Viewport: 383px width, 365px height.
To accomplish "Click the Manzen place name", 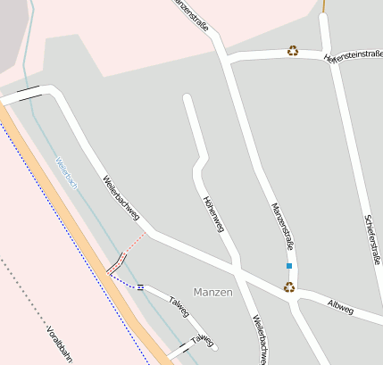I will (x=212, y=293).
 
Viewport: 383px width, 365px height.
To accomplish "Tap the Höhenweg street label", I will (x=213, y=214).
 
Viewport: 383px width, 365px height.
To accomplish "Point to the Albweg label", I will (x=340, y=308).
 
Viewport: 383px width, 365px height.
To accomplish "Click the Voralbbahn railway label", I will (x=59, y=346).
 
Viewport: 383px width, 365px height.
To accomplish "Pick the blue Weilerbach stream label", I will (x=66, y=174).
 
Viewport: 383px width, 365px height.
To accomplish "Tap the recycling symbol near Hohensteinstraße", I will (x=292, y=51).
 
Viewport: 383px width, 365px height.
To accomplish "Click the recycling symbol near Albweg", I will (x=288, y=287).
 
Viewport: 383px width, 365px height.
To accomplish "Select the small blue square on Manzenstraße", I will (x=288, y=266).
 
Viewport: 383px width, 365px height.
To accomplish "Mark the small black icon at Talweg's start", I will (x=140, y=286).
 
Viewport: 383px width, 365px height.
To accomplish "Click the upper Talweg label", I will (x=181, y=302).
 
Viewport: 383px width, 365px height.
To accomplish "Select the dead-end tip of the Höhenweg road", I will (x=187, y=97).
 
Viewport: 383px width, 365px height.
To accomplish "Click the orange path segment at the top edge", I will (x=323, y=5).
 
